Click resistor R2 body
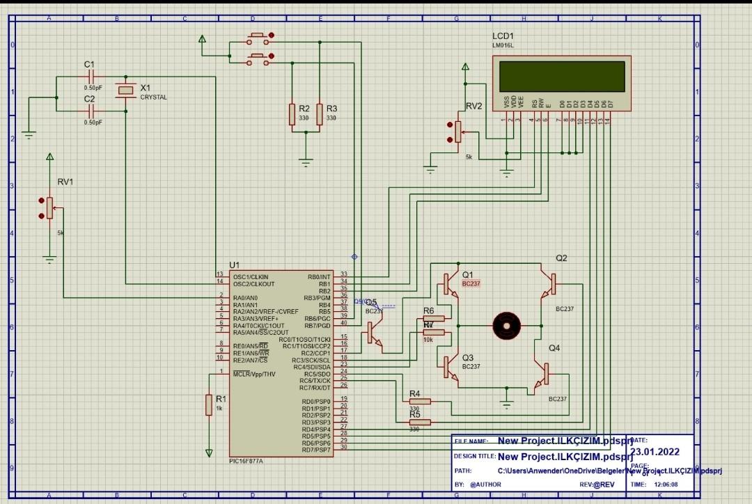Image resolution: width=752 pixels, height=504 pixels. (x=292, y=114)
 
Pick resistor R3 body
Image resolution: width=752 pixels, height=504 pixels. (x=320, y=114)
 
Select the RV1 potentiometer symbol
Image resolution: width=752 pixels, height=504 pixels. (x=49, y=207)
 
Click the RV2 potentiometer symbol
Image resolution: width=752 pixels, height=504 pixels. (x=457, y=131)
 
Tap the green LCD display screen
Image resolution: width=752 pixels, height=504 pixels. (x=563, y=77)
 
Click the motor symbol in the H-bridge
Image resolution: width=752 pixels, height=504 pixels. (x=506, y=325)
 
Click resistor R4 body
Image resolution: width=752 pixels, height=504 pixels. (x=419, y=401)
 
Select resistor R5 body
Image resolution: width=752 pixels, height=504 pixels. (x=419, y=422)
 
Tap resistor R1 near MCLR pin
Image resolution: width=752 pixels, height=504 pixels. (x=208, y=404)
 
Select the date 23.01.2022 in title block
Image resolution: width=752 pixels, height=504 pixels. (x=655, y=451)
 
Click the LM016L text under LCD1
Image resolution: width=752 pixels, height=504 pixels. (x=503, y=45)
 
